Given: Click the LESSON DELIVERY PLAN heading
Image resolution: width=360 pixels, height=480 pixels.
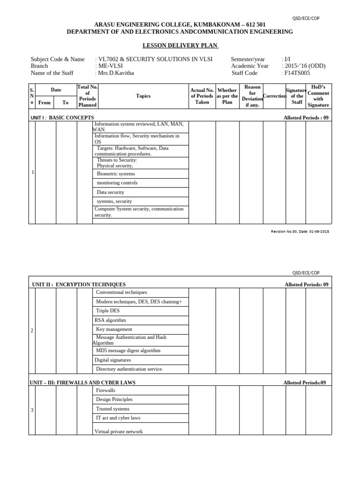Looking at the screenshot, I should point(180,45).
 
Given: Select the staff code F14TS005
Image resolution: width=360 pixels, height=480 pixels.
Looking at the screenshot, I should point(297,73).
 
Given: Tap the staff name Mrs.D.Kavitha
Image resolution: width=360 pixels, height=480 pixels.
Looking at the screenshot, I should point(115,73).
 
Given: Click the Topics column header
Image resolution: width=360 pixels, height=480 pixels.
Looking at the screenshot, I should point(143,96).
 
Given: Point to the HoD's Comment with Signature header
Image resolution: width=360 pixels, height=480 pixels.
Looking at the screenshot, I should point(318,96).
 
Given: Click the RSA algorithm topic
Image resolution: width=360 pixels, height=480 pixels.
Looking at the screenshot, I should point(110,320).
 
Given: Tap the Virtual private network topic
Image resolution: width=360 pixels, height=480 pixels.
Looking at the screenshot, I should point(119,431).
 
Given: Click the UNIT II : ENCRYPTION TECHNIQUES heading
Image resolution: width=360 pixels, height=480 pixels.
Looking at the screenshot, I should point(79,285).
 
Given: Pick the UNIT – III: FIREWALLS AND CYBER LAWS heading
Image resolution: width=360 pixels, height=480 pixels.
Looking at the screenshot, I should point(82,382).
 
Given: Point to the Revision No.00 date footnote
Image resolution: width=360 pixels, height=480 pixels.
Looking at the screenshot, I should point(300,232).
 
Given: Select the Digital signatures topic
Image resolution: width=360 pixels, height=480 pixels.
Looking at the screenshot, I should point(112,360).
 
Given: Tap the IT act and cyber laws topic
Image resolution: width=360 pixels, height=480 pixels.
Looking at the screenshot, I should point(118,418).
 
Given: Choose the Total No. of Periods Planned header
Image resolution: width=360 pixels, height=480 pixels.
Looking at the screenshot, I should point(87,96).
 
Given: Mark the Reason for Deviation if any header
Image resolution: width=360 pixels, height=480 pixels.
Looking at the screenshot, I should point(252,96).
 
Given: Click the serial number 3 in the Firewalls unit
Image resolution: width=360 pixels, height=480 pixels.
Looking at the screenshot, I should point(32,410).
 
